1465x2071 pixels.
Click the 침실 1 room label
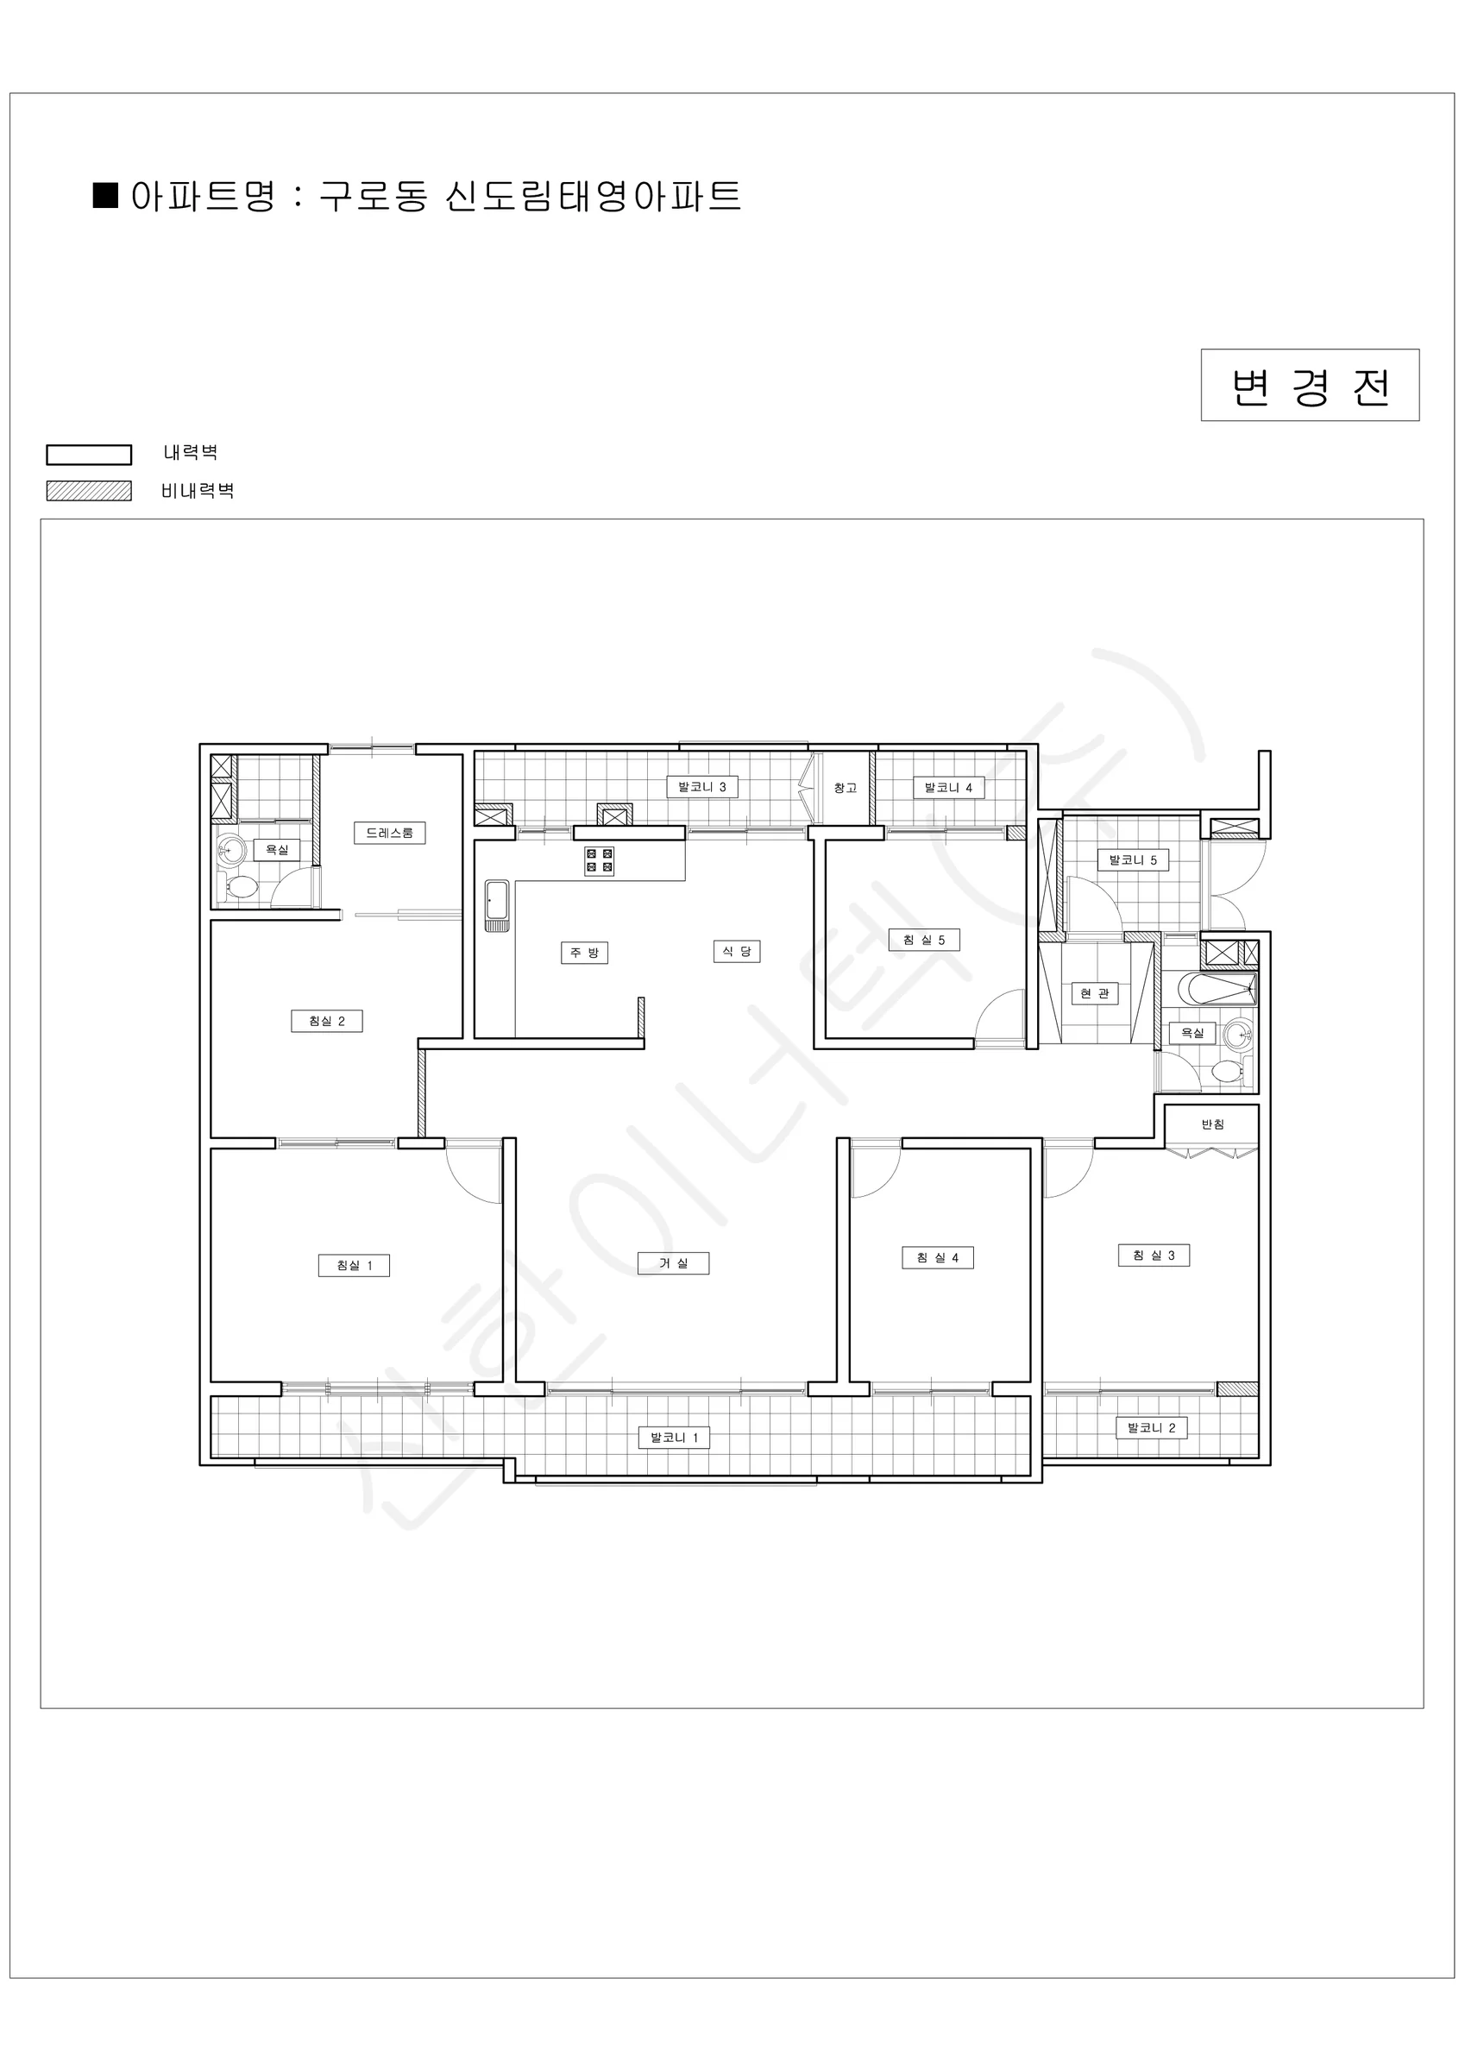click(354, 1266)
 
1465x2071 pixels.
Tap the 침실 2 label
click(326, 1021)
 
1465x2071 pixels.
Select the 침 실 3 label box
click(1154, 1255)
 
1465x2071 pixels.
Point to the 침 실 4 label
click(938, 1257)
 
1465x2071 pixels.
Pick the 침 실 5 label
click(924, 940)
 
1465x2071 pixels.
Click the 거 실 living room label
click(673, 1262)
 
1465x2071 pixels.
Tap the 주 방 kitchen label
click(585, 953)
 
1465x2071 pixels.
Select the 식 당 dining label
click(736, 952)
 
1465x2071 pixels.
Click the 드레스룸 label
click(389, 833)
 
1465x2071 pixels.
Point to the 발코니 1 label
click(674, 1437)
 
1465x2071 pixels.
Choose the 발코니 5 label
click(1133, 859)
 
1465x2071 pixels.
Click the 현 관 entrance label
click(1095, 993)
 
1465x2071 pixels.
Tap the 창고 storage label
click(846, 789)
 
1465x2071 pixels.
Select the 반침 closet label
click(1213, 1124)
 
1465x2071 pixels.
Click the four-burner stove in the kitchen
click(600, 860)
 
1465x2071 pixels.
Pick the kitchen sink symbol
click(497, 905)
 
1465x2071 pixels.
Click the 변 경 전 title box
click(1310, 385)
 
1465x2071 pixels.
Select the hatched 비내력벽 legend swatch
click(90, 491)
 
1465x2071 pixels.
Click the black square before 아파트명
click(106, 196)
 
